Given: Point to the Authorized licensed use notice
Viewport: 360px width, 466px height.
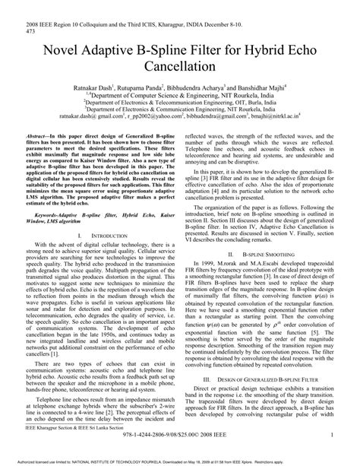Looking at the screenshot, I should click(180, 461).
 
